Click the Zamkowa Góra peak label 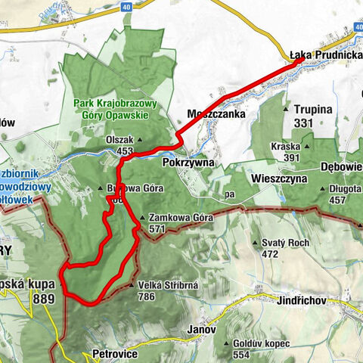coord(175,218)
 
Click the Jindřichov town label coord(301,300)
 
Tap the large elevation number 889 coord(45,299)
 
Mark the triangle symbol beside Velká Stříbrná coord(132,286)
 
